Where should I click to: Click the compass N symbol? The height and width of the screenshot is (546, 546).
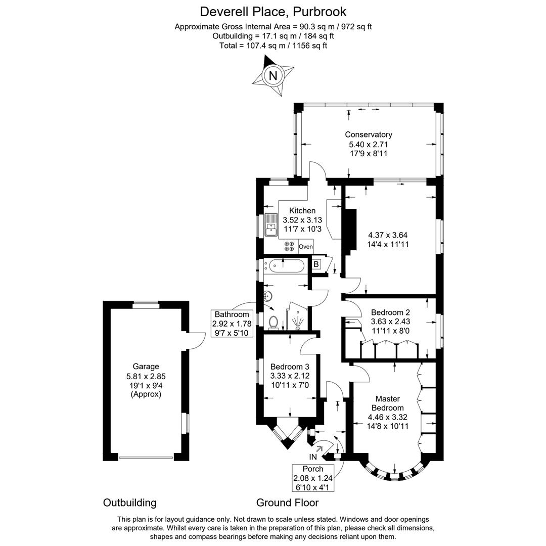tap(273, 76)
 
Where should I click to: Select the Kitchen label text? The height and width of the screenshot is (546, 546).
tap(302, 210)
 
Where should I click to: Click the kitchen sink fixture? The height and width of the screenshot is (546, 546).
tap(270, 225)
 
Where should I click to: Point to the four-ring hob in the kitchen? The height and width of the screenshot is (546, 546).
tap(290, 246)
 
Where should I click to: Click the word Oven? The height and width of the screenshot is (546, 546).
tap(306, 247)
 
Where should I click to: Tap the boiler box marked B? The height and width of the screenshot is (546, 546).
tap(316, 263)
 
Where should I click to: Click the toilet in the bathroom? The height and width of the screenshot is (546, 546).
tap(274, 322)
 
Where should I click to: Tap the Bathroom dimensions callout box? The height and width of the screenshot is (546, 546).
tap(232, 324)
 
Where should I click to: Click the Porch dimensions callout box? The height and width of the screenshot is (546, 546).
tap(312, 478)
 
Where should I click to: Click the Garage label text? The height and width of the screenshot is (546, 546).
tap(146, 367)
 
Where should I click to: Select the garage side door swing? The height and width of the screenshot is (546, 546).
tap(195, 342)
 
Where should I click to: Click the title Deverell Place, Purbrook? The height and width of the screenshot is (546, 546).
tap(273, 11)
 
